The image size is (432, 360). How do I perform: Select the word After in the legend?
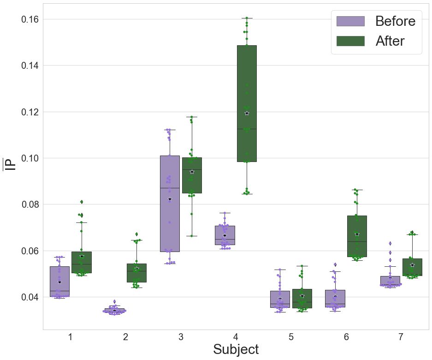point(390,41)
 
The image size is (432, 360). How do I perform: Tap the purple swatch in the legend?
point(350,21)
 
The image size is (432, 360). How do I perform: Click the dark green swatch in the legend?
point(350,41)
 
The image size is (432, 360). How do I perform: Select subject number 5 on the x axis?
point(291,337)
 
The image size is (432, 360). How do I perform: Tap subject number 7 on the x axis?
point(401,337)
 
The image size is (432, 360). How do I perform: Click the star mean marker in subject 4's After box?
point(247,113)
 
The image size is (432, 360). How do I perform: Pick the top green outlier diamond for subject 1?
point(82,202)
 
